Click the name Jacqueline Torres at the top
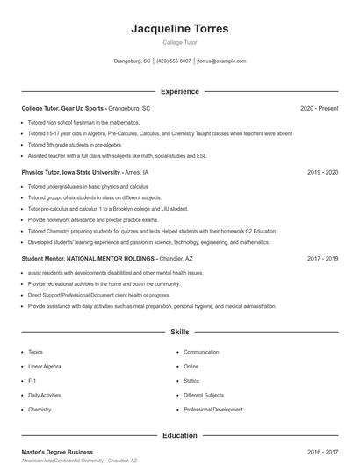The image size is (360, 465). click(x=179, y=29)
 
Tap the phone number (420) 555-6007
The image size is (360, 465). click(x=175, y=61)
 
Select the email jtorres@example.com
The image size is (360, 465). click(x=221, y=61)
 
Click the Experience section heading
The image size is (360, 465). click(x=179, y=91)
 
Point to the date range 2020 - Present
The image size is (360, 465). click(x=319, y=108)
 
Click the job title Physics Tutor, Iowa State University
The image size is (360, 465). click(x=71, y=173)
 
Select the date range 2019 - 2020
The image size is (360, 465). click(x=322, y=173)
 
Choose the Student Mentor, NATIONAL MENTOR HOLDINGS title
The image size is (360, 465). click(x=88, y=259)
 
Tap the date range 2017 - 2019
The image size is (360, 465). click(x=322, y=259)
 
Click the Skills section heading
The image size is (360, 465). click(x=179, y=333)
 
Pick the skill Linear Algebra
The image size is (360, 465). click(x=44, y=366)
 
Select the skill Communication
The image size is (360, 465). click(x=202, y=352)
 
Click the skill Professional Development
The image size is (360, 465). click(x=213, y=410)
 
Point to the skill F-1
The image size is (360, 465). click(x=32, y=381)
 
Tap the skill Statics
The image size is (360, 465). click(x=191, y=381)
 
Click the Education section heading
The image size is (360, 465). click(x=179, y=435)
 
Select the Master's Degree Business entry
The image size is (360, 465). click(x=57, y=452)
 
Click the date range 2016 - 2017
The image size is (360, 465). click(x=322, y=452)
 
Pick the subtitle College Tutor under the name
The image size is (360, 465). click(x=179, y=42)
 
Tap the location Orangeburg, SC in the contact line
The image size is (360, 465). click(x=132, y=61)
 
